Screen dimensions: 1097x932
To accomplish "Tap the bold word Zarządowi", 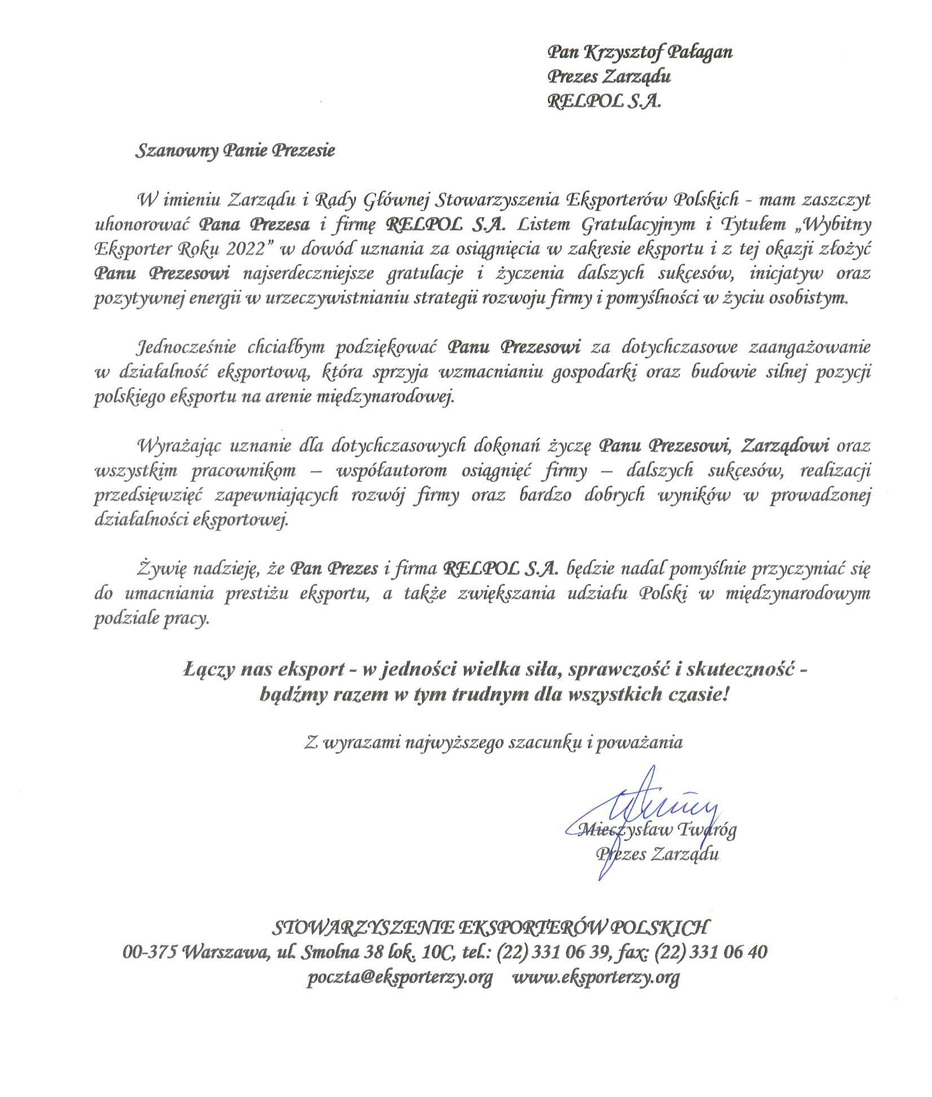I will pyautogui.click(x=785, y=446).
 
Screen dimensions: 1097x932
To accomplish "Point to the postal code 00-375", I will pyautogui.click(x=149, y=952).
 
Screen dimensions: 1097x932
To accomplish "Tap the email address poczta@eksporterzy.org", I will pyautogui.click(x=400, y=977).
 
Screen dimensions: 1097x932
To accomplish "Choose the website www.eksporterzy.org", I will pyautogui.click(x=595, y=977).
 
